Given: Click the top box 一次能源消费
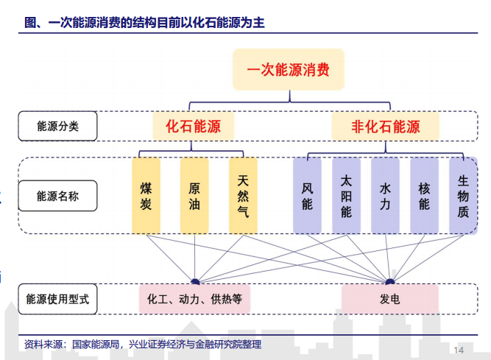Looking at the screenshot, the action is [x=289, y=69].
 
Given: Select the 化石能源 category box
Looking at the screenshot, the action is [x=193, y=127].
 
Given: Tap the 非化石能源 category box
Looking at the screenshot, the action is [x=386, y=127].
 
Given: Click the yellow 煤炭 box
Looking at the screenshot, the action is [x=146, y=196].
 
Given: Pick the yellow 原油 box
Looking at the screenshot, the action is [x=194, y=196].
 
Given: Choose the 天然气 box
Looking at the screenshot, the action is [x=243, y=196].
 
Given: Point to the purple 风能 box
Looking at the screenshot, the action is [x=307, y=196].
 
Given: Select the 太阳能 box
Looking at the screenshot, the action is [x=346, y=196].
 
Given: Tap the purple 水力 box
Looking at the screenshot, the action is [x=385, y=196].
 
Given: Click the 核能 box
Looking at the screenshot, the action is [x=424, y=196].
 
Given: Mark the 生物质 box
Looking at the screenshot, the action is [x=463, y=196].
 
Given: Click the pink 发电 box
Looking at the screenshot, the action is [x=390, y=299].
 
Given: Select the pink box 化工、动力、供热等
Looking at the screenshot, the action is [x=194, y=299].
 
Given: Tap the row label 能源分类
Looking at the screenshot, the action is [x=57, y=126].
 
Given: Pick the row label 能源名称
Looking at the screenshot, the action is [x=57, y=196].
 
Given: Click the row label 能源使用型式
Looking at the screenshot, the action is [x=57, y=299].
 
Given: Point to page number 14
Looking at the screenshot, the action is [x=459, y=350].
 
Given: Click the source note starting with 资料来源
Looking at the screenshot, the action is [x=143, y=345].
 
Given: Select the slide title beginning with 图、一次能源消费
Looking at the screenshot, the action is [x=145, y=23].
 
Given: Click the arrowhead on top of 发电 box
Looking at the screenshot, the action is [x=390, y=281].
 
